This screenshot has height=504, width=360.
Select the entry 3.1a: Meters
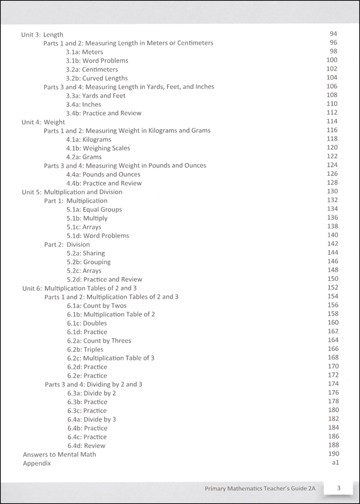(85, 52)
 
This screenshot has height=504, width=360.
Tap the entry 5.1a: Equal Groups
(94, 209)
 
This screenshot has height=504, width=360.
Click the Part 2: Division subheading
(67, 244)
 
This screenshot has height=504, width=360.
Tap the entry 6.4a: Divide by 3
(91, 419)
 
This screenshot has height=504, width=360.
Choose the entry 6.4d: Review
(87, 445)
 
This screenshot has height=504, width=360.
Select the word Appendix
(37, 463)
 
